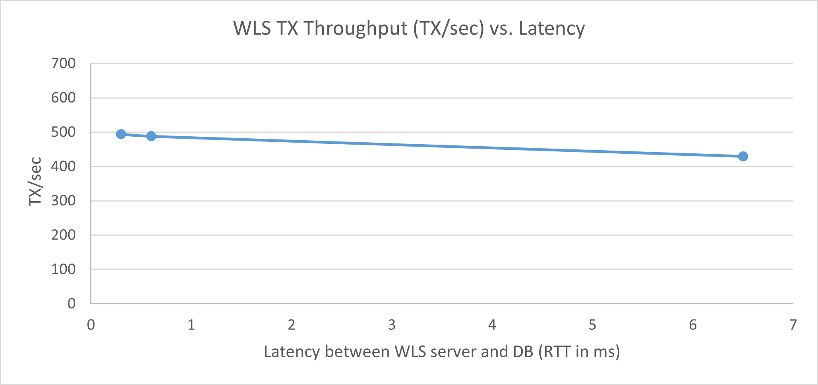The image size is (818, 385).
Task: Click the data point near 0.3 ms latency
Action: pos(121,134)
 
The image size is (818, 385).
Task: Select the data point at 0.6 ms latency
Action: pos(151,136)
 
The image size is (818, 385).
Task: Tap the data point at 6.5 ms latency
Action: pos(743,157)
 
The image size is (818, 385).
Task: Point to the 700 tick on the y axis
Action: pos(63,64)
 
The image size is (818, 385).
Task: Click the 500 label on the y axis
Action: pos(63,132)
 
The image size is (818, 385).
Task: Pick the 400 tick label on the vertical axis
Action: pos(63,166)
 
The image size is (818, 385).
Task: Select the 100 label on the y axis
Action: pos(63,269)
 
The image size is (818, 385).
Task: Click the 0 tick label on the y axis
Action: pos(72,304)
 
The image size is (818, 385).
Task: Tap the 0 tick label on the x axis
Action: pos(91,325)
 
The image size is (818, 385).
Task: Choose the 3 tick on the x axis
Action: pos(392,325)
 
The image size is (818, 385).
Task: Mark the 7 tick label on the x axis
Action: pos(793,325)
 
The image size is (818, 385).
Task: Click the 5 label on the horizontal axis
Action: pos(592,325)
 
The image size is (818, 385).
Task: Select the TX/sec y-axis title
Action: pos(35,182)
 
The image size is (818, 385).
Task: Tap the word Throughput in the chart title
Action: pos(355,29)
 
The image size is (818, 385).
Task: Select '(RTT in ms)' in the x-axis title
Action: pos(579,352)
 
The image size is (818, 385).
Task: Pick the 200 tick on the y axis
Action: pos(63,235)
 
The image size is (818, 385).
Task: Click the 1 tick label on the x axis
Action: pos(191,325)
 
